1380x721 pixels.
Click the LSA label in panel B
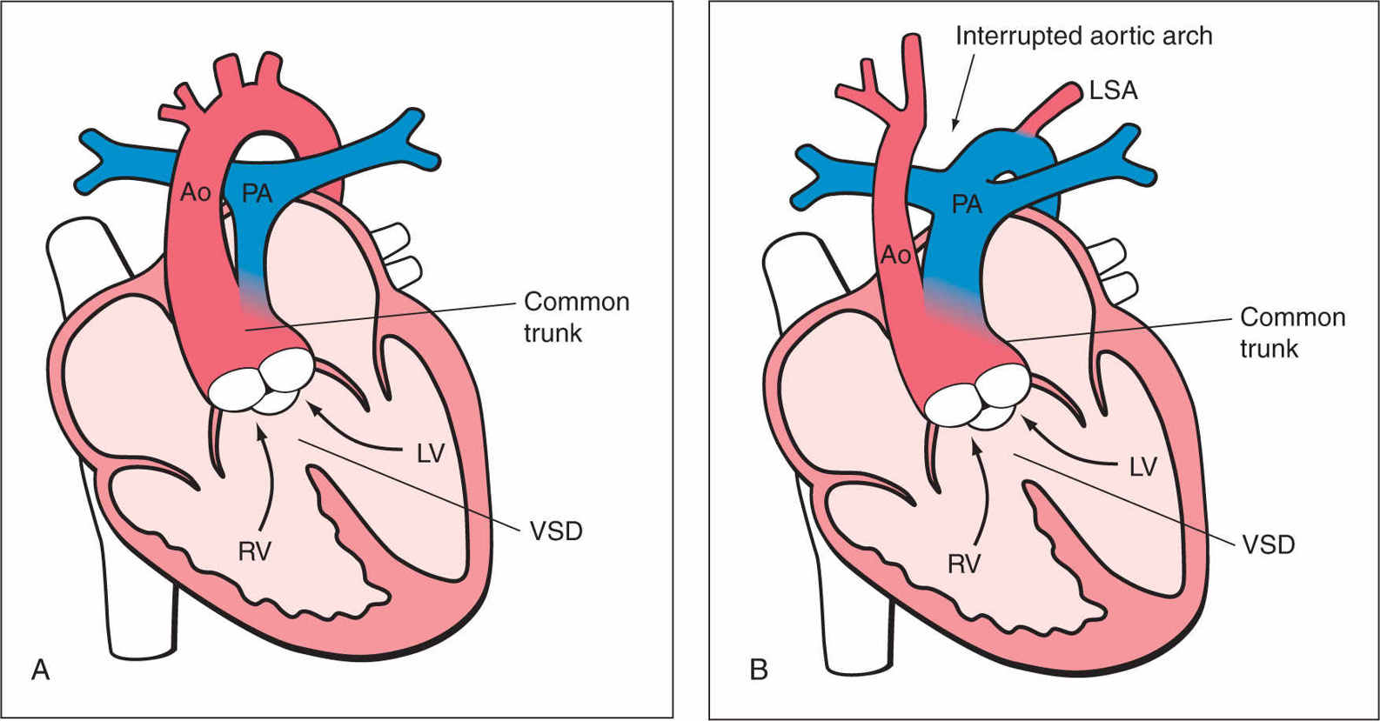[x=1113, y=90]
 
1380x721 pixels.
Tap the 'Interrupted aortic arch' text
[x=1083, y=36]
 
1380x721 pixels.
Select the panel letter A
[x=40, y=670]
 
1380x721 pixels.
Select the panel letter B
[x=758, y=671]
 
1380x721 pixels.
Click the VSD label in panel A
[x=556, y=531]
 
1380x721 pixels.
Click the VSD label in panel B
[x=1268, y=545]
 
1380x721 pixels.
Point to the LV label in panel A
[x=431, y=453]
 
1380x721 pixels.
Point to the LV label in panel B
[x=1142, y=468]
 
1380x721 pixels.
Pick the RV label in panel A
[x=254, y=551]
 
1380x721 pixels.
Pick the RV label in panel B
[x=964, y=564]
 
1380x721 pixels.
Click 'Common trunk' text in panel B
[x=1292, y=332]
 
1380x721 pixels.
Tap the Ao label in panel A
[x=196, y=192]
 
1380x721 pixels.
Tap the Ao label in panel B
[x=896, y=255]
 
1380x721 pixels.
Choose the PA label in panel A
[x=257, y=193]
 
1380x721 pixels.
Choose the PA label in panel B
[x=967, y=205]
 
